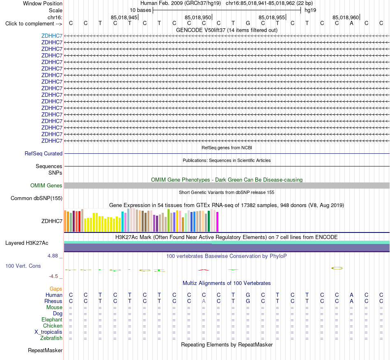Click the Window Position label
[x=43, y=3]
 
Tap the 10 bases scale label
[x=140, y=10]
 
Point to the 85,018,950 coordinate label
[x=198, y=17]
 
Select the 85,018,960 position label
[x=346, y=17]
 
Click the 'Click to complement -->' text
[x=34, y=24]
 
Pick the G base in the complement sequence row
[x=248, y=23]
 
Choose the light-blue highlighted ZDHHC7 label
[x=52, y=36]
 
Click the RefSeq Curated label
[x=44, y=153]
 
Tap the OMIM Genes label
[x=46, y=186]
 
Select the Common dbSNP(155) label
[x=37, y=198]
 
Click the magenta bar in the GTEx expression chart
[x=218, y=222]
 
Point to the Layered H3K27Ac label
[x=27, y=243]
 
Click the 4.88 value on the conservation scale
[x=53, y=256]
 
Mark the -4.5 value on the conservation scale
[x=53, y=276]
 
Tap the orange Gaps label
[x=56, y=289]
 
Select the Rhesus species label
[x=53, y=301]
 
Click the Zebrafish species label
[x=51, y=338]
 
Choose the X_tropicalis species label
[x=48, y=332]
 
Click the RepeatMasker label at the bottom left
[x=45, y=350]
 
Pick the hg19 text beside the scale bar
[x=310, y=10]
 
